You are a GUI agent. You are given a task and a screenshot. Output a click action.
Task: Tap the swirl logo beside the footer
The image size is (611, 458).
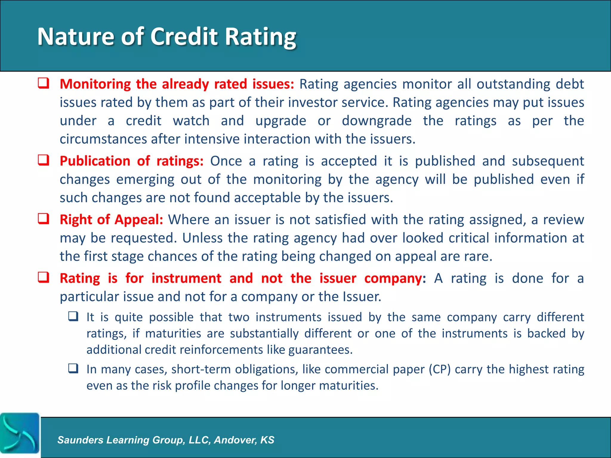(20, 433)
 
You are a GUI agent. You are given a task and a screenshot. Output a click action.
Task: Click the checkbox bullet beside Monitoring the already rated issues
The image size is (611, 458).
(44, 83)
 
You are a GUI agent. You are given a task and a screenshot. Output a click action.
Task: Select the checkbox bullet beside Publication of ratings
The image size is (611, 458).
(44, 160)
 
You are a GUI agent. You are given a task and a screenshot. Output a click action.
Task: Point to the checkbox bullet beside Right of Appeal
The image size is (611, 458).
(44, 219)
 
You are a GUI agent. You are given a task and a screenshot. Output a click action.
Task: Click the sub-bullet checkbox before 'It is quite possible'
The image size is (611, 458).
(73, 316)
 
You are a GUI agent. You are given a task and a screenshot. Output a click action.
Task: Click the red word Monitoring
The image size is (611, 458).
(95, 84)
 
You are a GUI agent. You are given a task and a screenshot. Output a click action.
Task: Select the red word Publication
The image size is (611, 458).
(95, 161)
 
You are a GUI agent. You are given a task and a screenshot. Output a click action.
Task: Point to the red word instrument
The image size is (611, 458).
(186, 278)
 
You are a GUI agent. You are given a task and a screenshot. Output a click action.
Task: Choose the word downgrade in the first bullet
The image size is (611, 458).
(377, 121)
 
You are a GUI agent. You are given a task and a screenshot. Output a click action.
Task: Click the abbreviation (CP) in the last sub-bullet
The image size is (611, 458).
(440, 369)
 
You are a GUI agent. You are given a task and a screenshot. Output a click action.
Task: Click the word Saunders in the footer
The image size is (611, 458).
(80, 440)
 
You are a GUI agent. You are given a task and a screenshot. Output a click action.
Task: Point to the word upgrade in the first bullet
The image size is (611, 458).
(281, 121)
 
